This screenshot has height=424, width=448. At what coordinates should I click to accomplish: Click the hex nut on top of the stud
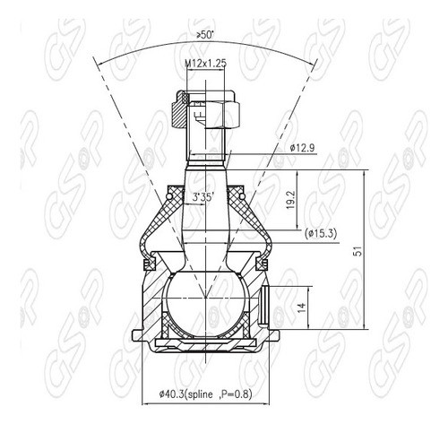pos(207,111)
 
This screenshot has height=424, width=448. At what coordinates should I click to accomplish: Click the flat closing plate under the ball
pos(205,342)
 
